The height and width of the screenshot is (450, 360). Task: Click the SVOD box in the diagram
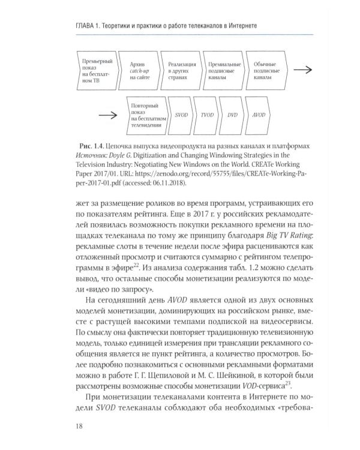(x=182, y=113)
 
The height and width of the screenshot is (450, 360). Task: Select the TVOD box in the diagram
(x=207, y=113)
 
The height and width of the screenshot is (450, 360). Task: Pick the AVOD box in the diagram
(x=259, y=113)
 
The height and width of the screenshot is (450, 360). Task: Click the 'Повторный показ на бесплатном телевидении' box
(x=146, y=113)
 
